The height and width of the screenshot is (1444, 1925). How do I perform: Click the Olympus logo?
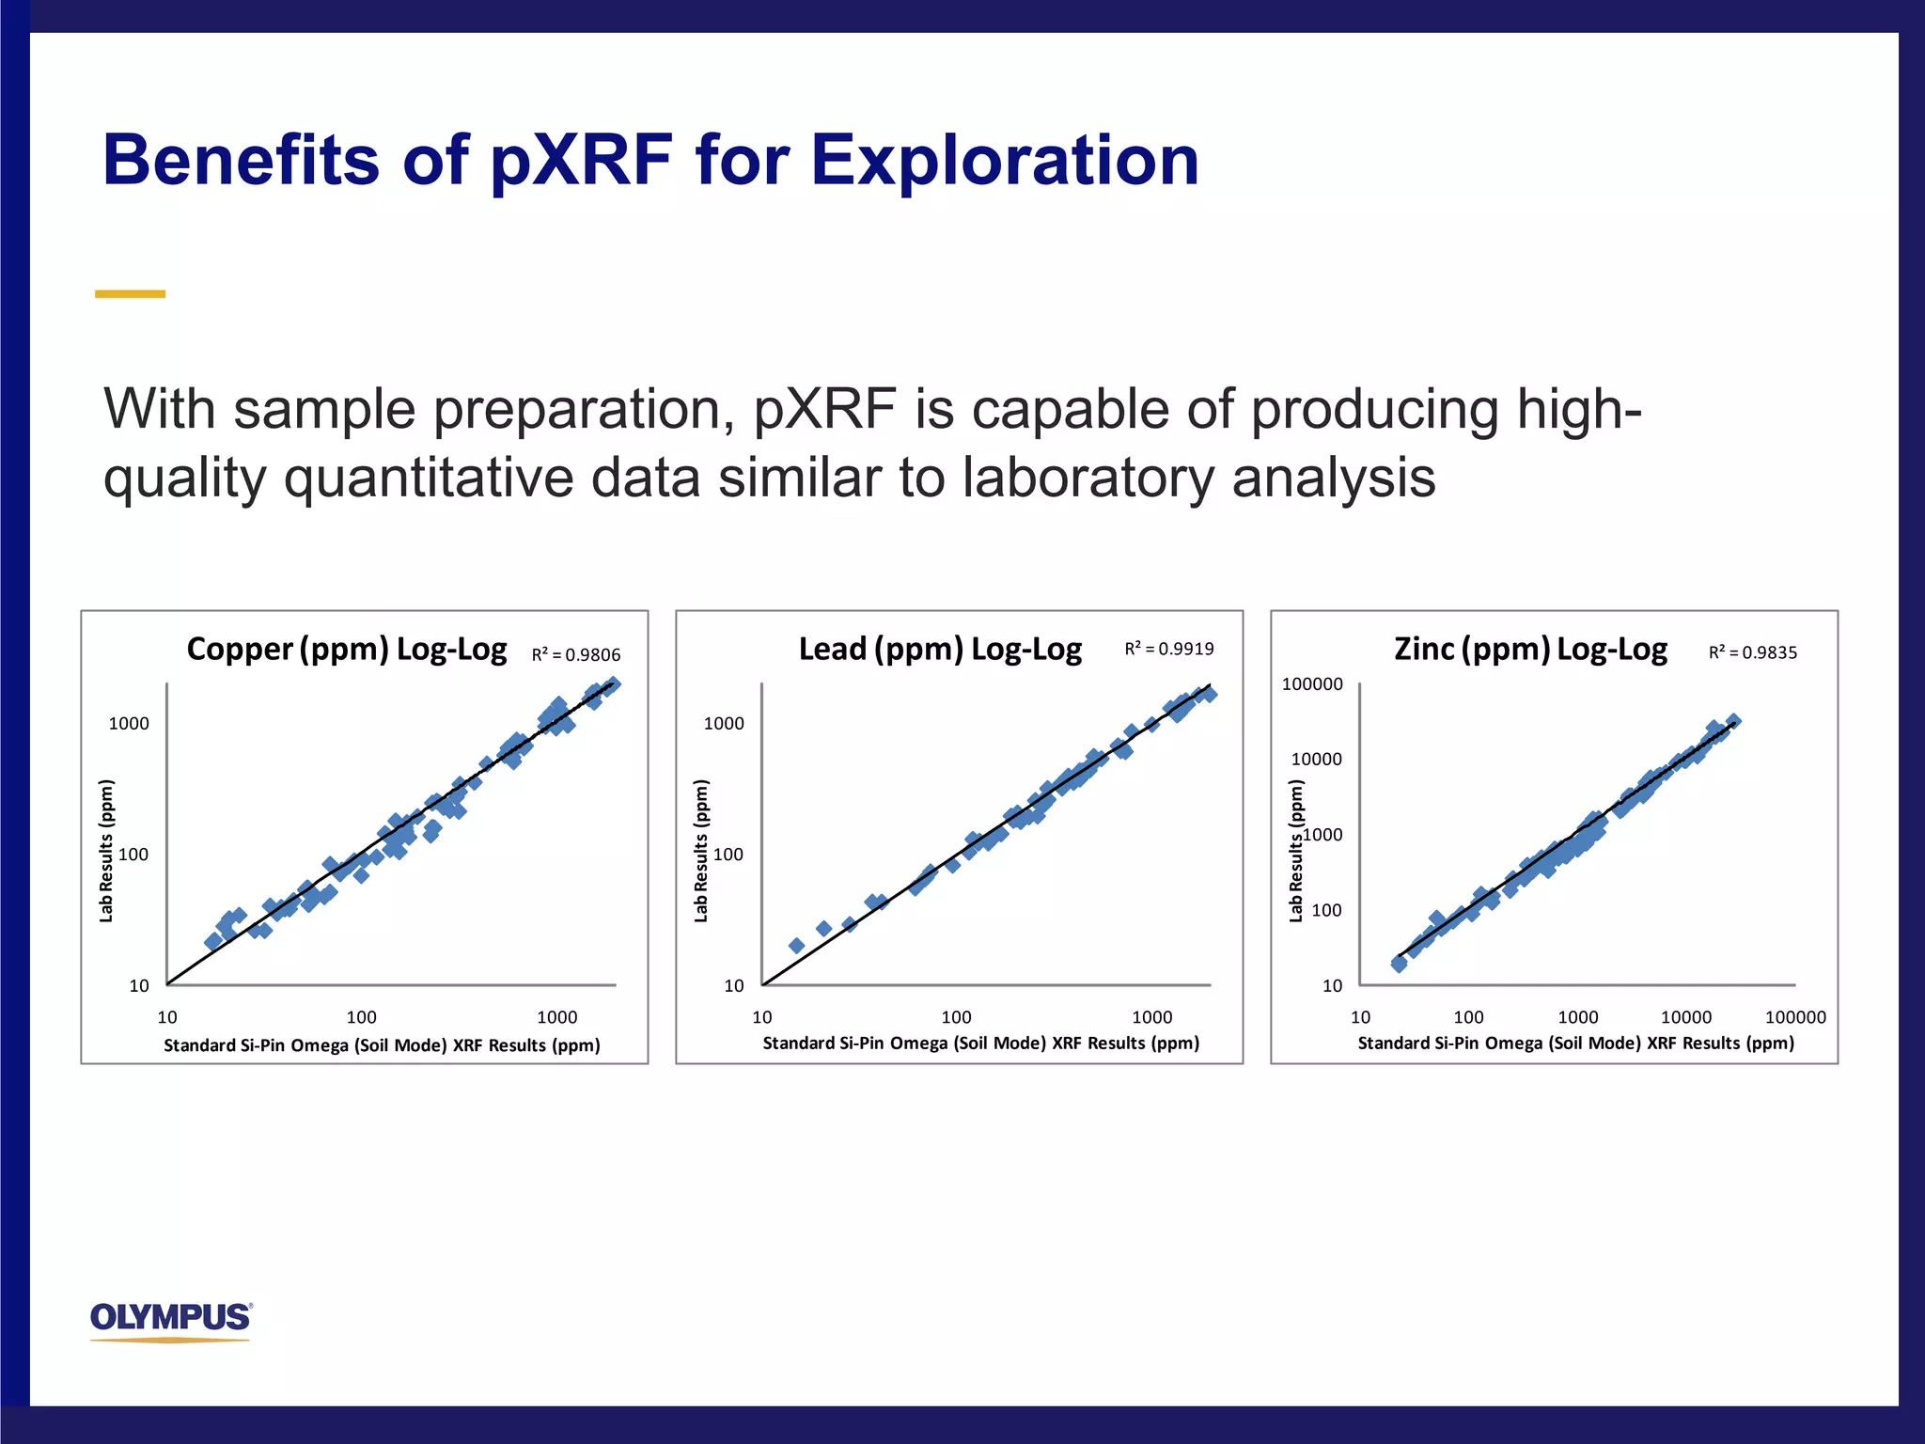tap(171, 1318)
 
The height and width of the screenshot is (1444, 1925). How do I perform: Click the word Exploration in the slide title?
tap(1004, 160)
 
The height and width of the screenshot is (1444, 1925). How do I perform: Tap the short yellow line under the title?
tap(130, 294)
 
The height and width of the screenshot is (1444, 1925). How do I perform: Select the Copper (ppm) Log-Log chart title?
tap(346, 650)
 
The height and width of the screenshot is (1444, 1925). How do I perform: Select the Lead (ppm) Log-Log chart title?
tap(940, 650)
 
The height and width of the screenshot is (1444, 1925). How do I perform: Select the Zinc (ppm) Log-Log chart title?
tap(1530, 650)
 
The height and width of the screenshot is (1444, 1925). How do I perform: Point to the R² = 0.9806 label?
tap(575, 655)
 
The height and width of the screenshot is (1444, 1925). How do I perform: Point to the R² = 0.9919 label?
tap(1169, 649)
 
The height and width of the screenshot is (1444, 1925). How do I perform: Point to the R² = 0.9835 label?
tap(1752, 652)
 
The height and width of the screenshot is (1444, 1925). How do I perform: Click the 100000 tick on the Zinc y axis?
tap(1312, 684)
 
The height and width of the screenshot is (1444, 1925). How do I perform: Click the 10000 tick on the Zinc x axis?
tap(1686, 1017)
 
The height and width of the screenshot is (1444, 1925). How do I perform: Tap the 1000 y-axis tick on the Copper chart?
tap(129, 723)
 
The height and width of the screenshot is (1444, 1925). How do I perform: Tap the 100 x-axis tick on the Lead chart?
tap(956, 1017)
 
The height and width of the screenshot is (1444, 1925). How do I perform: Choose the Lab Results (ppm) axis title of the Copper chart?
tap(106, 851)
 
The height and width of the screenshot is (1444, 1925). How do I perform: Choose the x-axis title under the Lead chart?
tap(980, 1044)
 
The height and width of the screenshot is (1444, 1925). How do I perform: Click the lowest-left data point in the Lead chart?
tap(796, 946)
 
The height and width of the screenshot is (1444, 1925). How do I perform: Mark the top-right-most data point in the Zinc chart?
tap(1733, 721)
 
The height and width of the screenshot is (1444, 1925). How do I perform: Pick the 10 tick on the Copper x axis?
tap(167, 1017)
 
